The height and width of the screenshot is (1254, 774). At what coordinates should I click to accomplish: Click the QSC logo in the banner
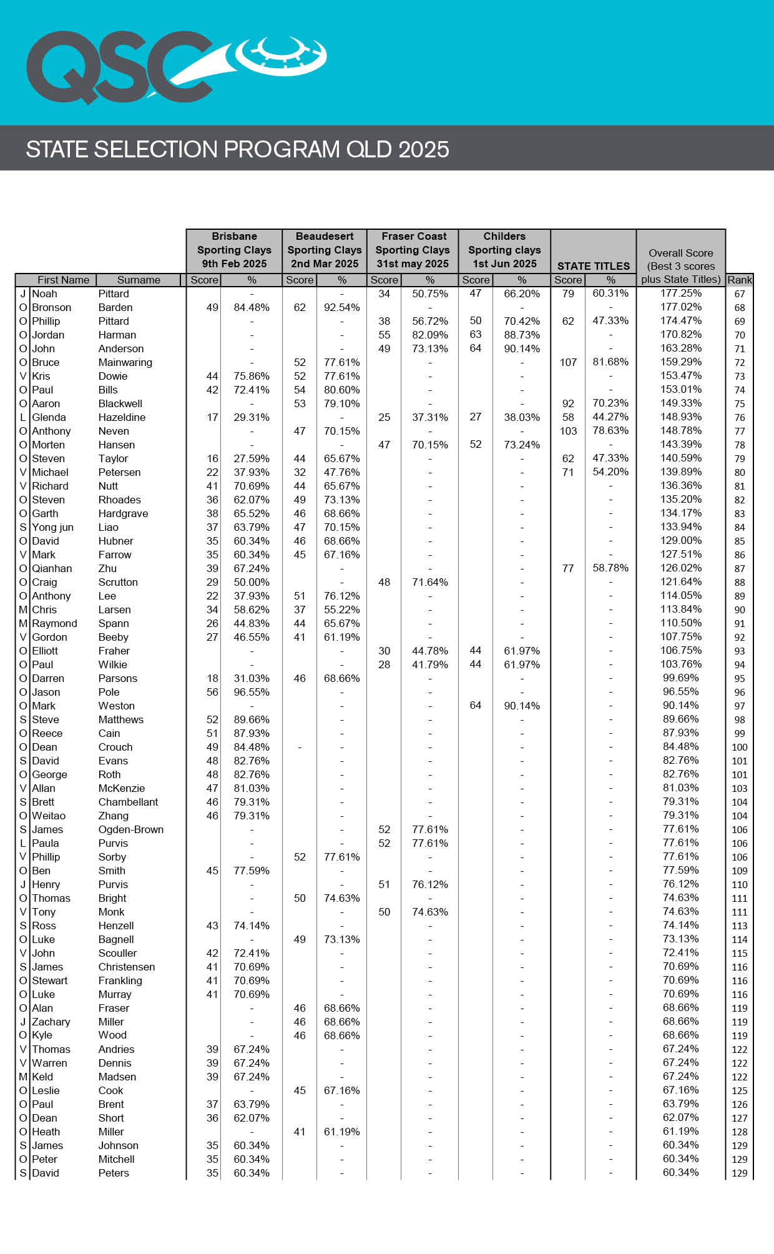point(175,66)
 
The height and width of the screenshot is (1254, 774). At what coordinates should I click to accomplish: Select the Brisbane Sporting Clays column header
point(234,250)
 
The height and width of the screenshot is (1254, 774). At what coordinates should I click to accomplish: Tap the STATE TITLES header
point(593,266)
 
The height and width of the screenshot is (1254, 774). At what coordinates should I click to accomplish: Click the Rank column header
point(740,280)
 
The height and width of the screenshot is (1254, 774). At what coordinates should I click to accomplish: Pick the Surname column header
point(139,280)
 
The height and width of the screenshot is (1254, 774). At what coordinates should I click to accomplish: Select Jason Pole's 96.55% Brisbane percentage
point(252,692)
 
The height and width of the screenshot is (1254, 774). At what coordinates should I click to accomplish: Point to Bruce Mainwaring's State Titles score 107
point(568,362)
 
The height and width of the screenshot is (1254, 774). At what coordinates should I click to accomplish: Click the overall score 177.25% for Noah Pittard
point(680,293)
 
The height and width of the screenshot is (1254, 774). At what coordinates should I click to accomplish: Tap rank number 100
point(740,747)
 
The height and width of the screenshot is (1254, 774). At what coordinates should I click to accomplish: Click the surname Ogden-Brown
point(130,829)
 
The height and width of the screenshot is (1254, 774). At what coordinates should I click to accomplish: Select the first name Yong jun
point(52,527)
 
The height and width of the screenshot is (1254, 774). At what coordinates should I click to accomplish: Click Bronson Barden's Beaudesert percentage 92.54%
point(341,307)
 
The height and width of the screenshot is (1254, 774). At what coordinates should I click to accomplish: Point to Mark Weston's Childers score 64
point(476,706)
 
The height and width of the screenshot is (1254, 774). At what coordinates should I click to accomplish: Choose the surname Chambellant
point(128,802)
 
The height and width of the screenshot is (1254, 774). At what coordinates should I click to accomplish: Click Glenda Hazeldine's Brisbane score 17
point(213,417)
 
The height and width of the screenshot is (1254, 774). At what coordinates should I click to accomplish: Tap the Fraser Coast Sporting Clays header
point(413,250)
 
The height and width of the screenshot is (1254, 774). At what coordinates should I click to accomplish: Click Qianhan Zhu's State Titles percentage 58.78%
point(610,568)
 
